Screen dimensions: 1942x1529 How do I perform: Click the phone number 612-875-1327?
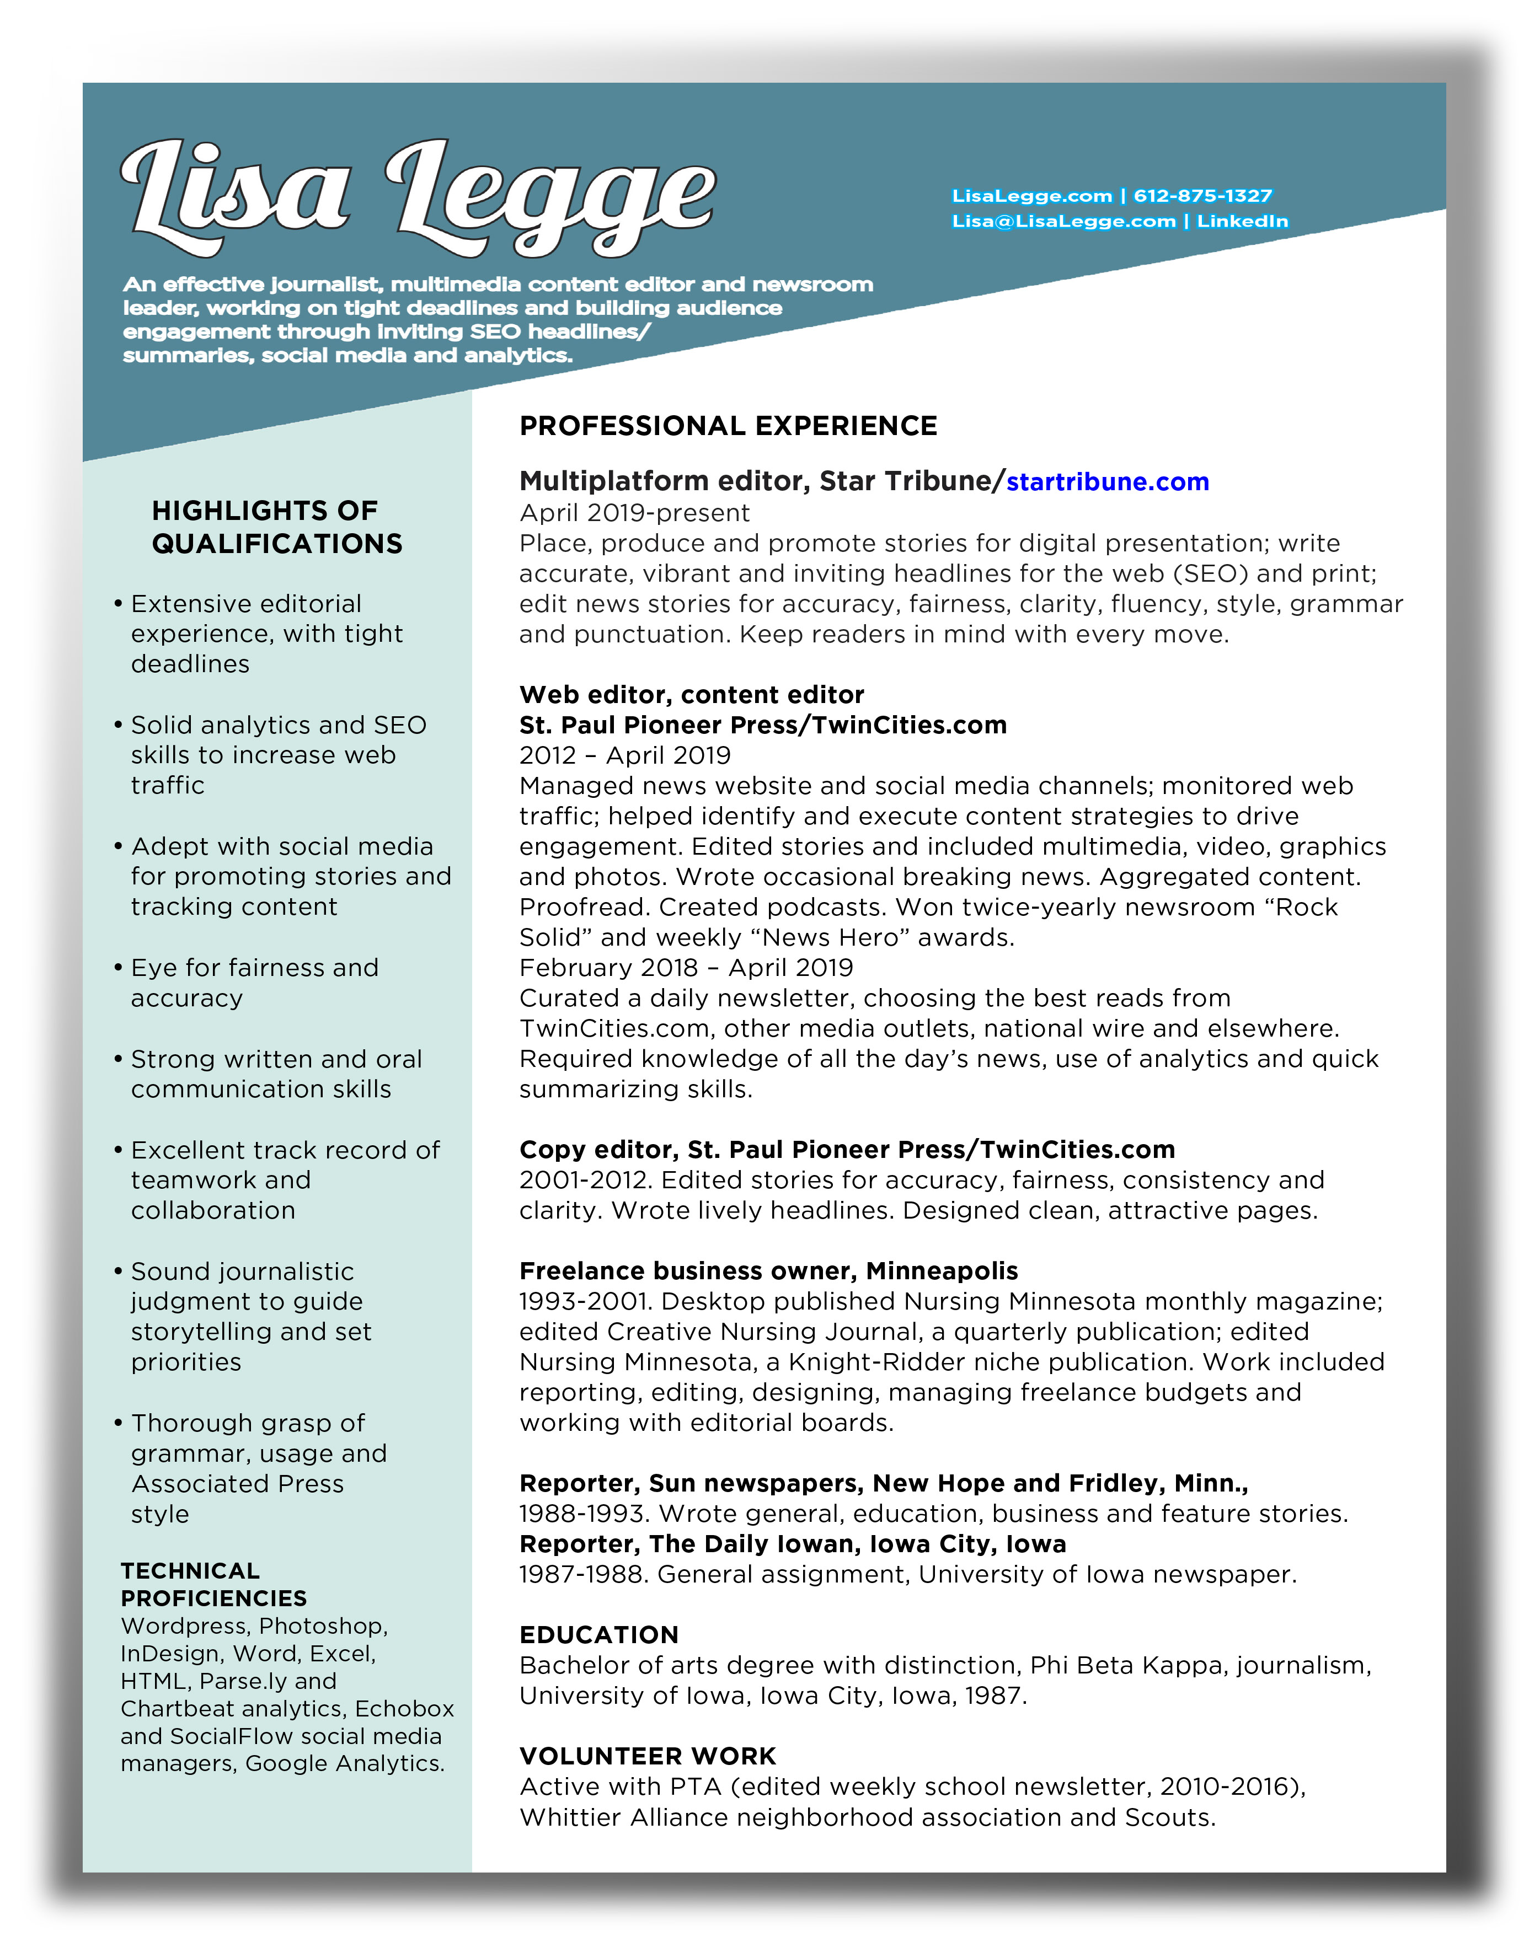[x=1202, y=196]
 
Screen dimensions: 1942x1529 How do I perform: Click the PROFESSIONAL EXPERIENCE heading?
[x=728, y=426]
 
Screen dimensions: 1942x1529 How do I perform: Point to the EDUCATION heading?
[x=599, y=1635]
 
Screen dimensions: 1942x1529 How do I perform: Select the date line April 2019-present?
[x=634, y=513]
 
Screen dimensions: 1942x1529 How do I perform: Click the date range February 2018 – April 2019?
[x=686, y=968]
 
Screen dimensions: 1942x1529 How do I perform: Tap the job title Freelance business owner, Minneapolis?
[x=768, y=1271]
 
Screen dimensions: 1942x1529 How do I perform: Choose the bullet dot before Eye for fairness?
[x=118, y=968]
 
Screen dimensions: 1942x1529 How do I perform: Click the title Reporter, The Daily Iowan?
[x=792, y=1544]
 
